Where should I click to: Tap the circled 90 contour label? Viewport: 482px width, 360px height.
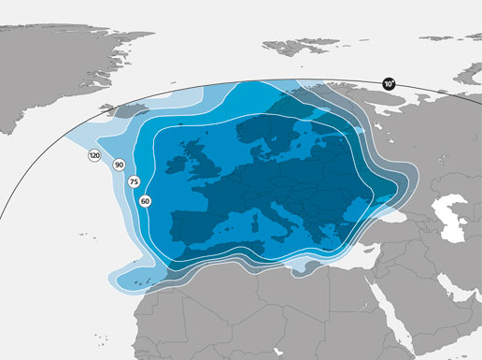pos(119,166)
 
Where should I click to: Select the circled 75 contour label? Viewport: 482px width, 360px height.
pos(134,181)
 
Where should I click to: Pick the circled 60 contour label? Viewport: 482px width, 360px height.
pos(145,200)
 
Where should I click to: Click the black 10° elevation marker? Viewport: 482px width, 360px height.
pos(389,84)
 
